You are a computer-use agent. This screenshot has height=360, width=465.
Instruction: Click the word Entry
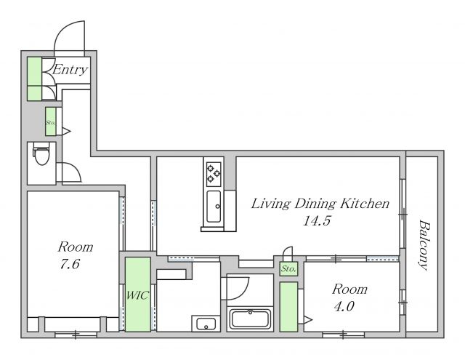[x=70, y=70]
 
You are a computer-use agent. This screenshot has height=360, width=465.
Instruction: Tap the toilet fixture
[x=41, y=153]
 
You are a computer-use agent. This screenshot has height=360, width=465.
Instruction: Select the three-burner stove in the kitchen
[x=214, y=174]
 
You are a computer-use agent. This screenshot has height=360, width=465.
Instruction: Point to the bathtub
[x=251, y=319]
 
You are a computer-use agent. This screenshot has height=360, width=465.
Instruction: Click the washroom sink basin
[x=206, y=324]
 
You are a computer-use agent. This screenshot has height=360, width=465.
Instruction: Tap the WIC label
[x=137, y=295]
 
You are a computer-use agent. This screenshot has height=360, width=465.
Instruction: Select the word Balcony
[x=424, y=245]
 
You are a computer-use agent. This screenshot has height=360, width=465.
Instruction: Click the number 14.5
[x=317, y=221]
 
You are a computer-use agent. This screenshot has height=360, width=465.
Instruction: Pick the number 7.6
[x=70, y=264]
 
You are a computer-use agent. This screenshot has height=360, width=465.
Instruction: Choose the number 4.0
[x=344, y=307]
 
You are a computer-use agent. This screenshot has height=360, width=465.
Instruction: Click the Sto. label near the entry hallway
[x=50, y=122]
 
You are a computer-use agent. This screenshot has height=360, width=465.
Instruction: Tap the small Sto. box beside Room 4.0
[x=289, y=269]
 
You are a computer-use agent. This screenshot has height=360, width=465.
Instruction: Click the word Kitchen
[x=365, y=204]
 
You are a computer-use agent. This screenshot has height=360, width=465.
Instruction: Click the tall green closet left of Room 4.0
[x=289, y=307]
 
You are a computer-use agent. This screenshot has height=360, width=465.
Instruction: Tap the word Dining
[x=315, y=204]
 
